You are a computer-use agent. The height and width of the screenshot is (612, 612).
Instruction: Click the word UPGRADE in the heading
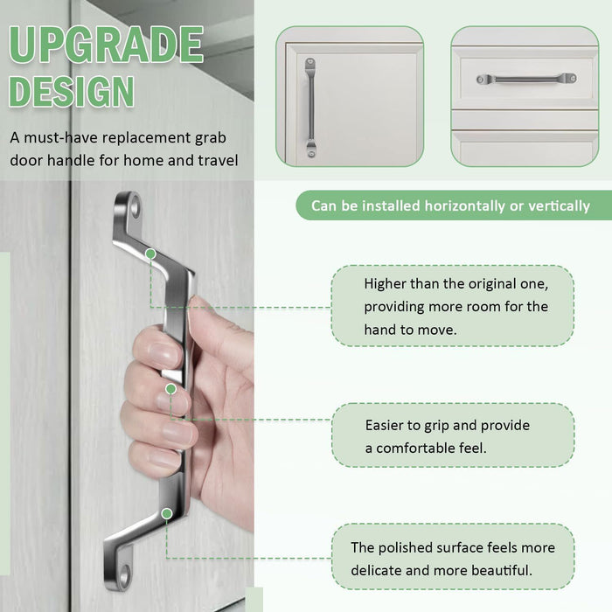pyautogui.click(x=106, y=45)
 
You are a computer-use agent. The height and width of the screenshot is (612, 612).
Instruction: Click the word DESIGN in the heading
pyautogui.click(x=72, y=91)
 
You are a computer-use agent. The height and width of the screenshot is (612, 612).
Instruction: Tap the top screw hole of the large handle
pyautogui.click(x=135, y=205)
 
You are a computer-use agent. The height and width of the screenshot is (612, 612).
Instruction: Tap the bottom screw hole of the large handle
pyautogui.click(x=124, y=575)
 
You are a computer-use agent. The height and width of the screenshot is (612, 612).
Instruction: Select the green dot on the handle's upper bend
pyautogui.click(x=150, y=254)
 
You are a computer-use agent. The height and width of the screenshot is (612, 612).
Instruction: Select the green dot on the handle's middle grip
pyautogui.click(x=171, y=389)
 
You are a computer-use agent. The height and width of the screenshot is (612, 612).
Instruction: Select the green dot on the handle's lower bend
pyautogui.click(x=167, y=513)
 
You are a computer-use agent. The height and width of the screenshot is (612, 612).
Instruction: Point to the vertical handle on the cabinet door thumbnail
pyautogui.click(x=310, y=108)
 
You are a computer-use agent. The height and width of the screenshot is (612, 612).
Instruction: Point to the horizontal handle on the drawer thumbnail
pyautogui.click(x=526, y=79)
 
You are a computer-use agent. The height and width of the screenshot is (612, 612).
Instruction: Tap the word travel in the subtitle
pyautogui.click(x=218, y=160)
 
